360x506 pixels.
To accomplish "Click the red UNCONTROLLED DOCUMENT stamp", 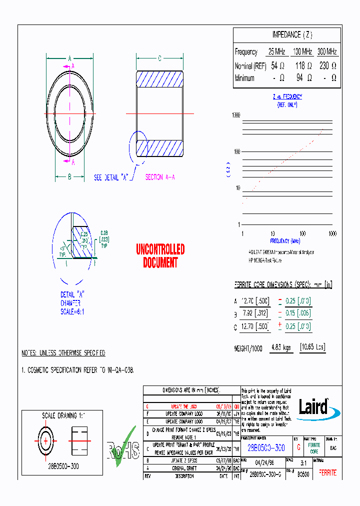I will pyautogui.click(x=160, y=255).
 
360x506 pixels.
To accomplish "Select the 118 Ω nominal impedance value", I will pyautogui.click(x=303, y=65).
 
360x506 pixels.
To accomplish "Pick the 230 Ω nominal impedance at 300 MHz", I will pyautogui.click(x=327, y=65).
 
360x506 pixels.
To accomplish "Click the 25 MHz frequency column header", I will pyautogui.click(x=277, y=51).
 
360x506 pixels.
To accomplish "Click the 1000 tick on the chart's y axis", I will pyautogui.click(x=236, y=115).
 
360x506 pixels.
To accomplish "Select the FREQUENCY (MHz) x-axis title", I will pyautogui.click(x=287, y=241).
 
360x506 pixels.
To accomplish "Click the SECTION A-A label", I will pyautogui.click(x=160, y=177).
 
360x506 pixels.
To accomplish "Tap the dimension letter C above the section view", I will pyautogui.click(x=159, y=59).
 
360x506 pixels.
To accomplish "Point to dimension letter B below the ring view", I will pyautogui.click(x=69, y=176).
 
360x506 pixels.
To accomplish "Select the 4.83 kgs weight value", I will pyautogui.click(x=281, y=347).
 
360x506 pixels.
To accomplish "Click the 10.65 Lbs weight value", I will pyautogui.click(x=312, y=347).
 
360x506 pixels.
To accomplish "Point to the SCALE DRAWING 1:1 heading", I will pyautogui.click(x=59, y=415).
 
